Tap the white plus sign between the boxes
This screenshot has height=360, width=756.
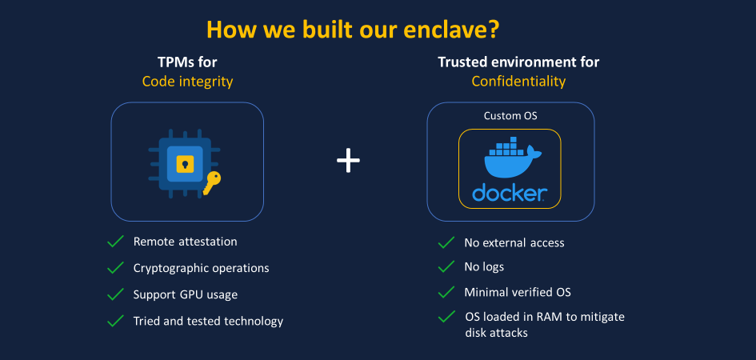pos(348,161)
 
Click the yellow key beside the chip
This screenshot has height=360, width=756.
pos(211,183)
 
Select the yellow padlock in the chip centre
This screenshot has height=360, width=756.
pos(185,164)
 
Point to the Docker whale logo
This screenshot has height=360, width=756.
pos(511,158)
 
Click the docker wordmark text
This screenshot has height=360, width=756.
pos(509,192)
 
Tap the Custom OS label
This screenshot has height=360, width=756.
pos(510,116)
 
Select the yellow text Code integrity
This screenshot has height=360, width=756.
pos(187,82)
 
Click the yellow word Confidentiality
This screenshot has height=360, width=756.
pos(518,82)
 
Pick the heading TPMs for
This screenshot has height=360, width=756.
pos(187,62)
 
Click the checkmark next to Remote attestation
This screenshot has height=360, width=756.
pos(116,241)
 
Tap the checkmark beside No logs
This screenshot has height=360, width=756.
pos(446,266)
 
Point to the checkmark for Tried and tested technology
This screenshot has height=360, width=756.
pos(116,321)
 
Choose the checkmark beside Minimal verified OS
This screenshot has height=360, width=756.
pos(446,292)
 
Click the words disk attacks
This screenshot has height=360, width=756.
pos(497,333)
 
